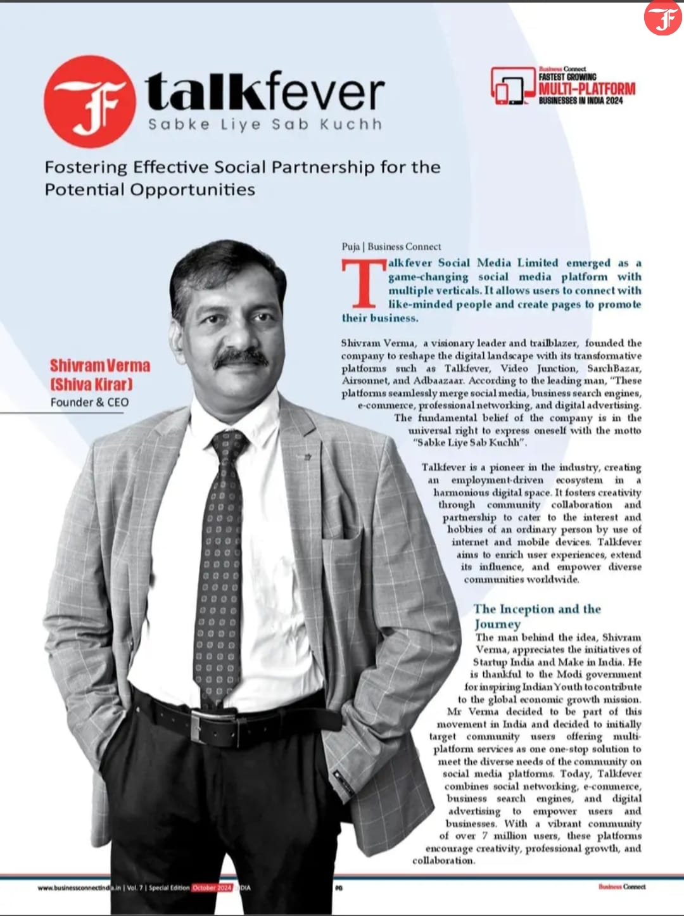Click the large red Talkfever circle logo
click(x=89, y=101)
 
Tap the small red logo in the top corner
click(x=662, y=18)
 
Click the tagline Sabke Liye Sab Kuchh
click(x=265, y=124)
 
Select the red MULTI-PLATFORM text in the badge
click(x=586, y=89)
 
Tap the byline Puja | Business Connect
click(x=391, y=246)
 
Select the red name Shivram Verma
click(x=100, y=366)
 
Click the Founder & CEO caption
click(x=89, y=402)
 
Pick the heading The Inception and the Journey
click(x=537, y=616)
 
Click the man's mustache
click(x=241, y=358)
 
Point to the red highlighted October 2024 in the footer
click(x=212, y=887)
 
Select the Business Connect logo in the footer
click(x=622, y=886)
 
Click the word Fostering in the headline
click(x=86, y=167)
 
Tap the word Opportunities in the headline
click(x=193, y=189)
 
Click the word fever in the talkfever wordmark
click(x=324, y=92)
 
